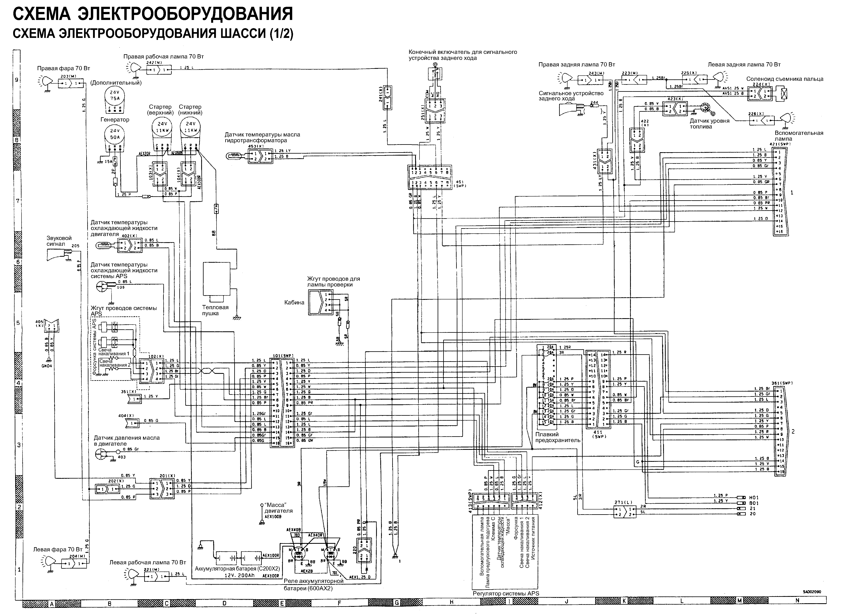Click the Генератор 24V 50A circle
(115, 135)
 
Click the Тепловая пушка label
(215, 310)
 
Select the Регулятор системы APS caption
(506, 593)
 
